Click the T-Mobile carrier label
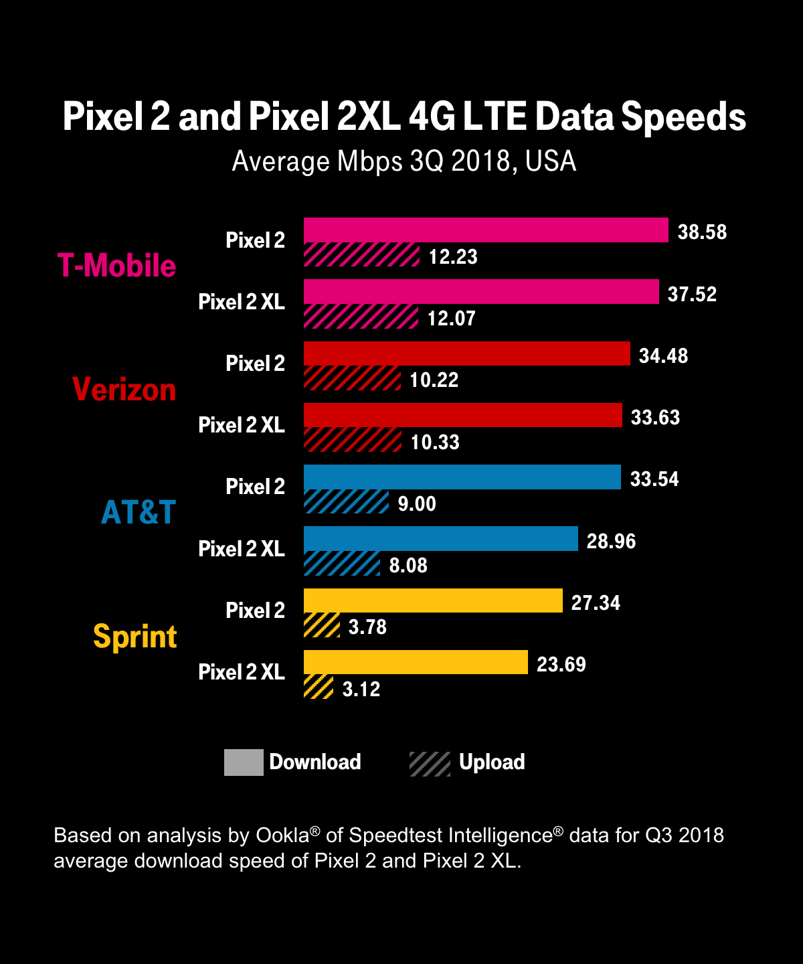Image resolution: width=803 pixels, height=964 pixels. (117, 266)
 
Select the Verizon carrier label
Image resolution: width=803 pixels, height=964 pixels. (124, 390)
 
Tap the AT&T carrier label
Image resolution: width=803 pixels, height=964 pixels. (139, 513)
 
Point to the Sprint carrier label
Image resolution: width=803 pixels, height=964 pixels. (135, 636)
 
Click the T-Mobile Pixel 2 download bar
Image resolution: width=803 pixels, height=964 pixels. (486, 230)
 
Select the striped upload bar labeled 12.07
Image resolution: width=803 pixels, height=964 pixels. (361, 317)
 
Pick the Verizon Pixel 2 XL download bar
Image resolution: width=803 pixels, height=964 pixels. (463, 415)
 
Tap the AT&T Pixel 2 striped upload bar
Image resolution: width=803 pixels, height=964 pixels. (346, 502)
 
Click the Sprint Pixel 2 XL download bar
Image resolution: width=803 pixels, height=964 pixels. (416, 662)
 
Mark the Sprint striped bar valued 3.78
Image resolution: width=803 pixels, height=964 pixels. (322, 625)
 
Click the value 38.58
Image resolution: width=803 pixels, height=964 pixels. (702, 232)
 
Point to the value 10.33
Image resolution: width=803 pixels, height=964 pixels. (435, 442)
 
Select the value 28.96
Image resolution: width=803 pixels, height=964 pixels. (611, 541)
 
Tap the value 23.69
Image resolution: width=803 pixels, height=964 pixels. (561, 664)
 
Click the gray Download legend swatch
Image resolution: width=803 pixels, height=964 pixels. (244, 762)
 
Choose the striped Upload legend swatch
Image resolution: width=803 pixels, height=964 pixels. (430, 763)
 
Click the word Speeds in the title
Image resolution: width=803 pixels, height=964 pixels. (683, 117)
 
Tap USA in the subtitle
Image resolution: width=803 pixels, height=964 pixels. (551, 161)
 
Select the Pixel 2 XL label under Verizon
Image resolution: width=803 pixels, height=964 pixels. (242, 425)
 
